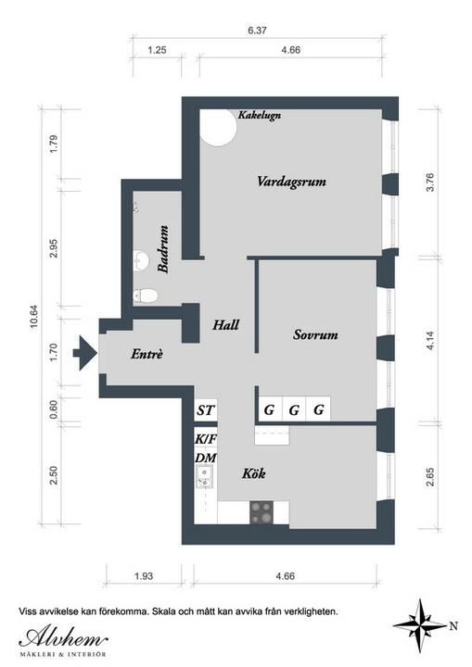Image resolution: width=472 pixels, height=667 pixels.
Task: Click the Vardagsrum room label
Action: (x=291, y=182)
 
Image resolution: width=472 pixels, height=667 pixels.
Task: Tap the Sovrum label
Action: (x=315, y=334)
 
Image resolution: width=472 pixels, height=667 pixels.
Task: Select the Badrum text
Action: (x=163, y=249)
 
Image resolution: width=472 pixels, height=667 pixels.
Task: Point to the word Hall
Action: (x=225, y=325)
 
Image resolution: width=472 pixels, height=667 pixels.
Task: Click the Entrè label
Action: (x=147, y=354)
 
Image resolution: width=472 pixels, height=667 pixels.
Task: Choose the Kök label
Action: (x=254, y=473)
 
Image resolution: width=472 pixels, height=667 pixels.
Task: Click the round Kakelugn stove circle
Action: (x=218, y=128)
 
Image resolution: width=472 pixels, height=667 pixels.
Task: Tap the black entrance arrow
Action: (x=85, y=353)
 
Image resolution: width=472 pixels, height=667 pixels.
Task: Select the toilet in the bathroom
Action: (x=146, y=296)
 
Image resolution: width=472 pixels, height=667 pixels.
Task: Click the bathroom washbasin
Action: (x=141, y=260)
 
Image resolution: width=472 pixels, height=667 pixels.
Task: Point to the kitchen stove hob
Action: (x=262, y=512)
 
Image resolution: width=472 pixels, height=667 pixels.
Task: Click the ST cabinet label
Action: (x=205, y=410)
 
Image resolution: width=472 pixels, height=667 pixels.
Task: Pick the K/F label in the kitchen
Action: (x=206, y=438)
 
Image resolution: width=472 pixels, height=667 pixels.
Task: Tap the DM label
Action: (x=206, y=458)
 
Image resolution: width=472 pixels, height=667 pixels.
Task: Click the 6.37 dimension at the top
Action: (x=257, y=31)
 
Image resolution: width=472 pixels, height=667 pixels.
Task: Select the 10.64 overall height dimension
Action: (x=33, y=316)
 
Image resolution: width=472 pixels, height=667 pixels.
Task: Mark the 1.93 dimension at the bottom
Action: (x=144, y=576)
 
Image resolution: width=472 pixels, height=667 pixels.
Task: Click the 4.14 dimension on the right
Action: (x=430, y=340)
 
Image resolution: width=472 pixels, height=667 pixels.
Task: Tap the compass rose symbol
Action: (x=419, y=625)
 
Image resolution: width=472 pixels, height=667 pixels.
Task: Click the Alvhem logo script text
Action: (x=63, y=637)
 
